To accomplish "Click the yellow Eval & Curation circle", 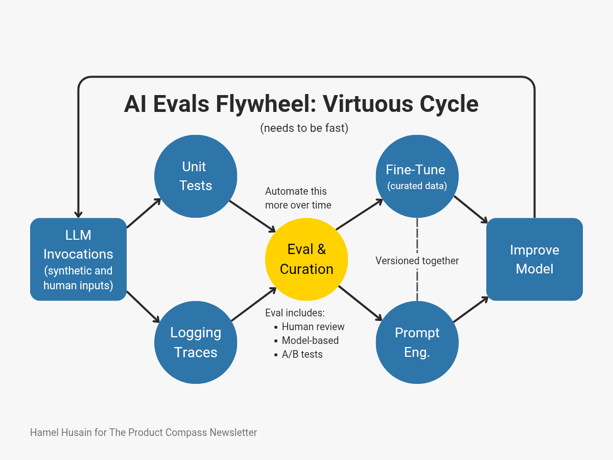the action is click(306, 259).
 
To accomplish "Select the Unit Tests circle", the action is click(196, 176).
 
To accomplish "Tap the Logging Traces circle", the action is click(196, 342).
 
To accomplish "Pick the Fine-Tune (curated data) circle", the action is click(417, 176).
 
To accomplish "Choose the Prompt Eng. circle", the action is click(417, 342).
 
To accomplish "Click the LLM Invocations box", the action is click(78, 259).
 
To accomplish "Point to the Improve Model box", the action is click(534, 259).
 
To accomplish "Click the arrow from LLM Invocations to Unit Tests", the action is click(144, 213).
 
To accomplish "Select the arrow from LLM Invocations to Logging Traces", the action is click(143, 307).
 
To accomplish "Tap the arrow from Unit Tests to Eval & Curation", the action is click(252, 216).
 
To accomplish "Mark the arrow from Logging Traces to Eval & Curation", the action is click(254, 304).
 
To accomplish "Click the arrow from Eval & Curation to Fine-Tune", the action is click(359, 214).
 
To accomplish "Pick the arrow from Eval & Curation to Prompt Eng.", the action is click(360, 303).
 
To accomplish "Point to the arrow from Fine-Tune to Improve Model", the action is click(470, 210).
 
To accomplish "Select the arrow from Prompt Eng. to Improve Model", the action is click(471, 309).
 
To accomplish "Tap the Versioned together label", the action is click(417, 261).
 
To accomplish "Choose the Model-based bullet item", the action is click(310, 340).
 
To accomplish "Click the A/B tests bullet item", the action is click(302, 354).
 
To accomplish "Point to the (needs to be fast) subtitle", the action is click(304, 128).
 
